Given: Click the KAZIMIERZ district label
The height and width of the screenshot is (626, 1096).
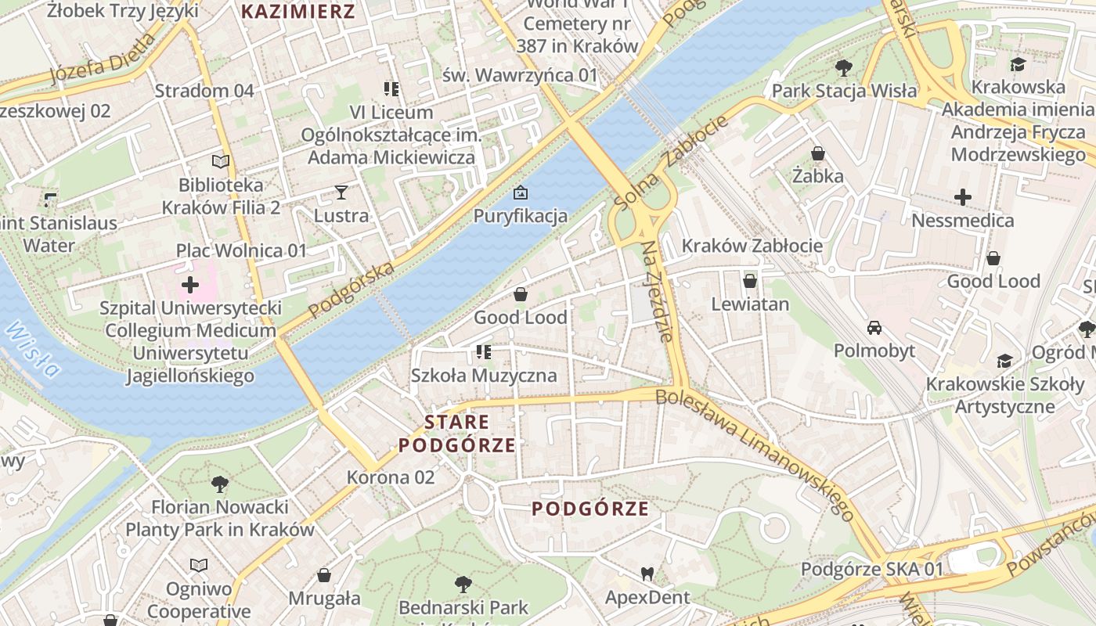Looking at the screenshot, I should click(297, 12).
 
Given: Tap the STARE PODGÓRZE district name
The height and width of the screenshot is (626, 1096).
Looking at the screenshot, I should click(457, 434).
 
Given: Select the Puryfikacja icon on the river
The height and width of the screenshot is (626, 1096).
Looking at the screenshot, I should click(520, 192).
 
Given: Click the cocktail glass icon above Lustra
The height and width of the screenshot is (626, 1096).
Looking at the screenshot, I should click(341, 192).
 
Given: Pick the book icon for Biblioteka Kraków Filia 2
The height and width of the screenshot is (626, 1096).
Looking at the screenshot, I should click(221, 162).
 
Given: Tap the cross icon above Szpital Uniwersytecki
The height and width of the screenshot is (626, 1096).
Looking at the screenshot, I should click(189, 284).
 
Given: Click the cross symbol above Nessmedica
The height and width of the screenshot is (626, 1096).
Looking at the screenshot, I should click(963, 197).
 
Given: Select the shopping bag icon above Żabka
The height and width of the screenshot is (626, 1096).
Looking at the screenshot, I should click(817, 153).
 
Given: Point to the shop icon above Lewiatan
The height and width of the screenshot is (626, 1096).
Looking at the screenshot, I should click(750, 280).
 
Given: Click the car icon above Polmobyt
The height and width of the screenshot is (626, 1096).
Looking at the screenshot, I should click(874, 327).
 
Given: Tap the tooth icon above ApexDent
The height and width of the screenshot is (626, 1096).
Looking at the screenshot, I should click(647, 574).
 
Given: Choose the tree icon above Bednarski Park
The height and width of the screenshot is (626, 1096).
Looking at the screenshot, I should click(463, 584).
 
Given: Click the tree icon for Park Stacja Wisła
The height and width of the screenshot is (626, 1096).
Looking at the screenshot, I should click(843, 68).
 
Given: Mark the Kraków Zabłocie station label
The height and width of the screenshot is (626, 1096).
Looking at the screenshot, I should click(752, 246).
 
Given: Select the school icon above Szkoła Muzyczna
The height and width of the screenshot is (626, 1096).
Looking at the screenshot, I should click(484, 352).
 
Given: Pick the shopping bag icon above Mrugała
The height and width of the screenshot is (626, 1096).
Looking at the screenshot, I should click(324, 576).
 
